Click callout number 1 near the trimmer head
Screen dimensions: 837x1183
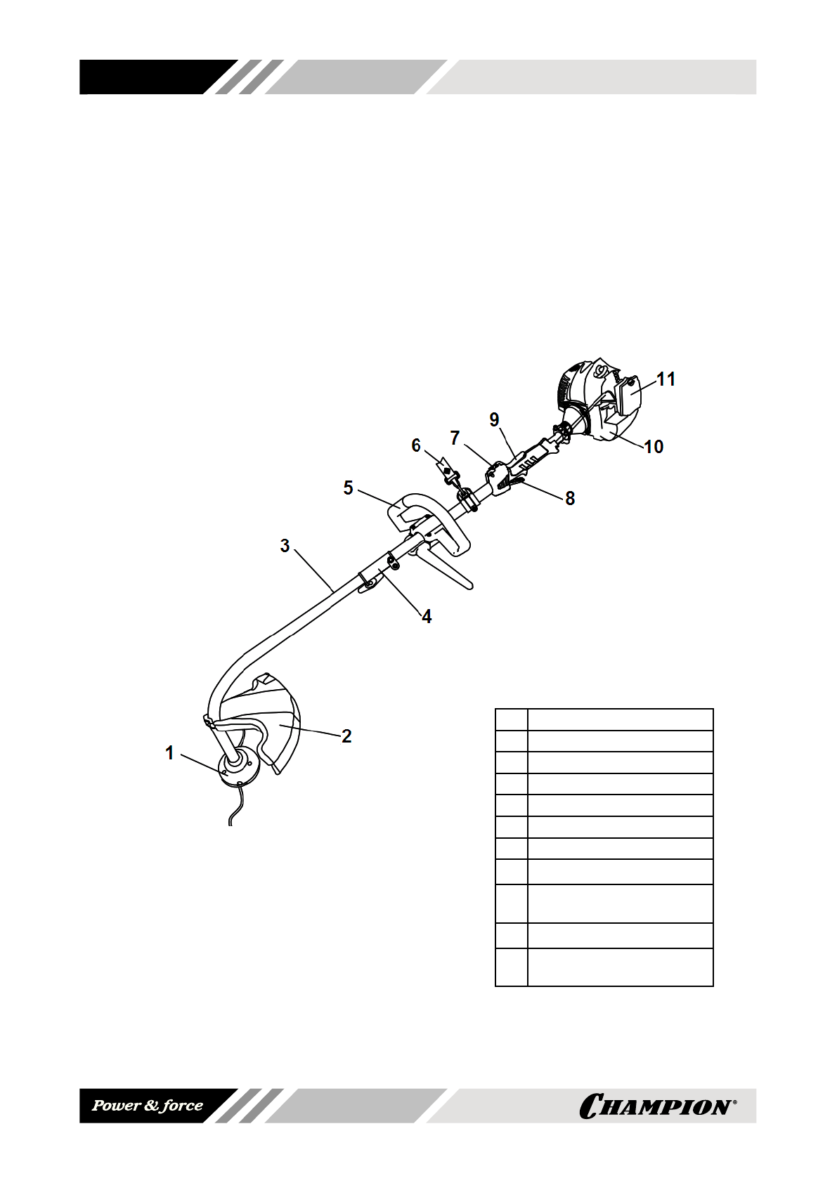click(x=169, y=753)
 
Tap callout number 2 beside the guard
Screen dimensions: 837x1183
click(x=346, y=736)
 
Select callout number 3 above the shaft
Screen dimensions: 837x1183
click(x=285, y=546)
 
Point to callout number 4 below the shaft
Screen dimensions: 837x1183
click(x=426, y=617)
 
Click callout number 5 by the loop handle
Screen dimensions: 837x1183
click(x=349, y=488)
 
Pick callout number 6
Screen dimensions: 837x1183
click(x=416, y=445)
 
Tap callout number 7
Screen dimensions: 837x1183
click(x=455, y=438)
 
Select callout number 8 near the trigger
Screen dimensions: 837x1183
click(x=570, y=498)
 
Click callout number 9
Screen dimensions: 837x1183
click(x=495, y=419)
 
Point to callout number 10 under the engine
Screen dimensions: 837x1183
click(x=654, y=447)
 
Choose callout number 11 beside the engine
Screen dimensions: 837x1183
click(x=666, y=379)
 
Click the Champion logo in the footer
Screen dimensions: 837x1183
click(x=657, y=1106)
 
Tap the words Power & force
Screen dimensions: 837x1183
click(x=148, y=1106)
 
